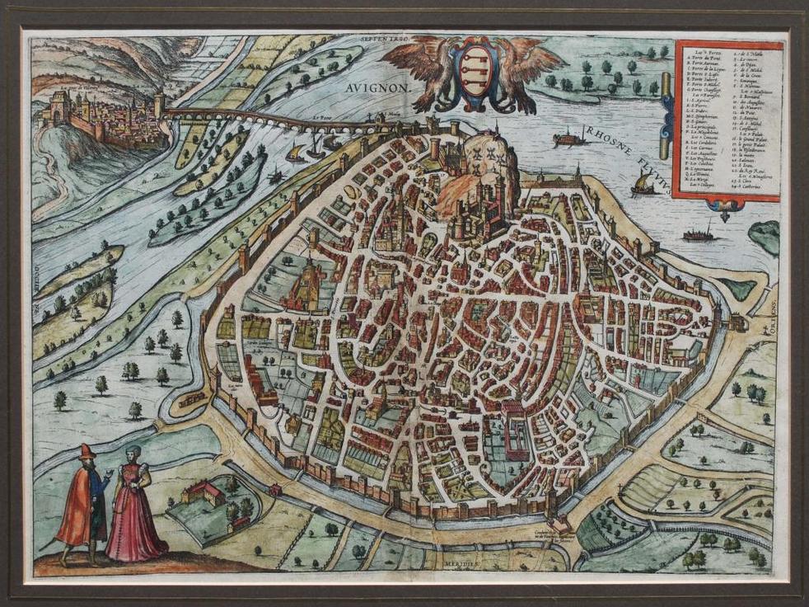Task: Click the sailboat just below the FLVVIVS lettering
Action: (644, 185)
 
